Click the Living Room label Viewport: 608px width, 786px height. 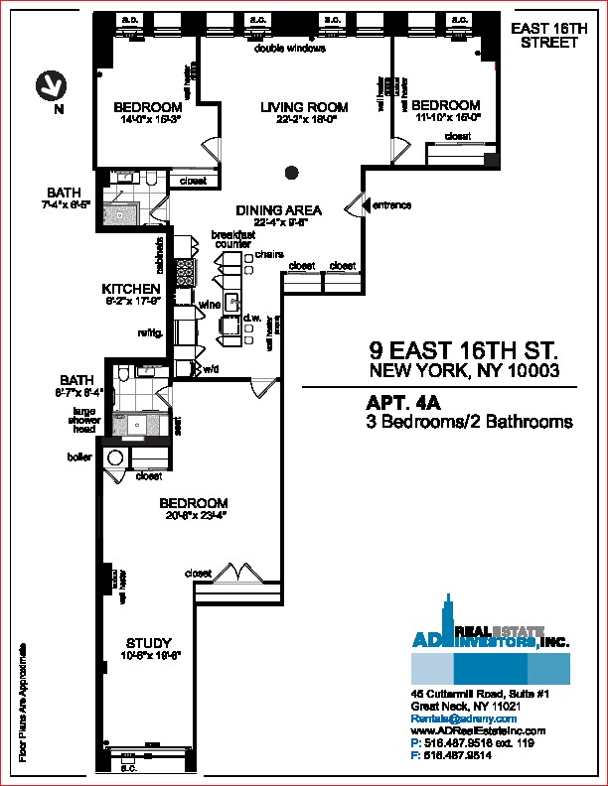coord(304,107)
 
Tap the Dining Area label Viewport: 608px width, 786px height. coord(278,210)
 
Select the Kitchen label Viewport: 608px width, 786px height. coord(131,289)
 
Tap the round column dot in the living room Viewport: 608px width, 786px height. coord(291,173)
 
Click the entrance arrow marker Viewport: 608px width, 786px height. coord(354,206)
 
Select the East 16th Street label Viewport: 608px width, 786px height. coord(543,37)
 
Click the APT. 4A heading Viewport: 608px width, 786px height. coord(403,404)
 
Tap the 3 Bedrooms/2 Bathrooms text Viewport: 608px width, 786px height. coord(470,422)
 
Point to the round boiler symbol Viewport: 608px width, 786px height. coord(114,459)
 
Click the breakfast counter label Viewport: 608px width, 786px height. coord(232,239)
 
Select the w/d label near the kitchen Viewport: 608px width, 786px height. coord(211,369)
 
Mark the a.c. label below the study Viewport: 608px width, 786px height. coord(128,766)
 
